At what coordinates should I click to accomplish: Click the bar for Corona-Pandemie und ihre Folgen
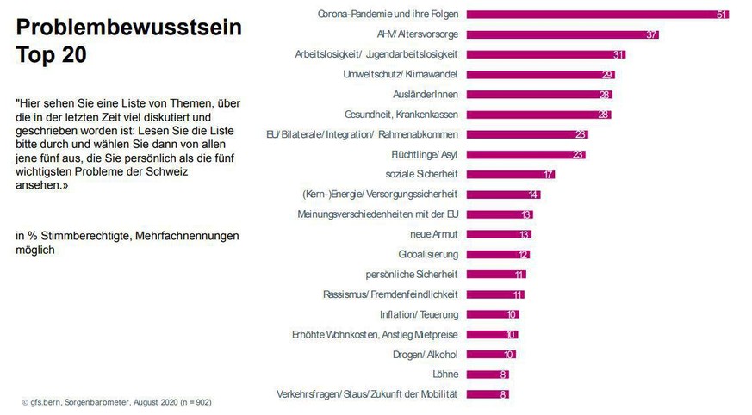tap(594, 15)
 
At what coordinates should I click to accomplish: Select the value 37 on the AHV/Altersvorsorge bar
tap(652, 34)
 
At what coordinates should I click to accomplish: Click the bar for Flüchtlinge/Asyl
tap(526, 154)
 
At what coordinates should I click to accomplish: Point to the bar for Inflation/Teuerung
tap(491, 314)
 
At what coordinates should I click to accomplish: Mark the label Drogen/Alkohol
tap(426, 354)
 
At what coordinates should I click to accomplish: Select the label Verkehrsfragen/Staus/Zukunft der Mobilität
tap(367, 393)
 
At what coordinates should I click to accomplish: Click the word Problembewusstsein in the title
tap(129, 27)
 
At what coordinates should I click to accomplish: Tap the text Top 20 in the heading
tap(52, 56)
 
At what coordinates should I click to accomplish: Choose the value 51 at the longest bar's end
tap(722, 15)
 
